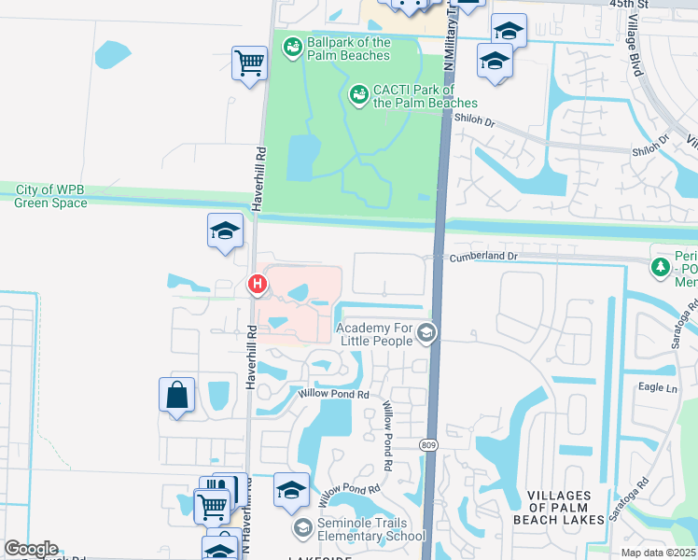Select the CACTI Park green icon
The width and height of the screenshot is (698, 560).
358,94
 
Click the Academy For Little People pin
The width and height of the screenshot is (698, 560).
426,333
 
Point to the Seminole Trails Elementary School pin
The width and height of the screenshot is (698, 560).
302,529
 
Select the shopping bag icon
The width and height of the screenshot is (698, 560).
177,395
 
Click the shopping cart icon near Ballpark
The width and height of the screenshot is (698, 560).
249,63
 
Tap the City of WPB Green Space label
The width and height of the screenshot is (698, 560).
49,195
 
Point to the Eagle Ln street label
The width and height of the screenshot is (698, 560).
658,387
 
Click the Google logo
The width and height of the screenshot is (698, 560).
32,549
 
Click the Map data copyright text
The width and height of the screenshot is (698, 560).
660,553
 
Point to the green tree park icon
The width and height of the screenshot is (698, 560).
661,267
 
